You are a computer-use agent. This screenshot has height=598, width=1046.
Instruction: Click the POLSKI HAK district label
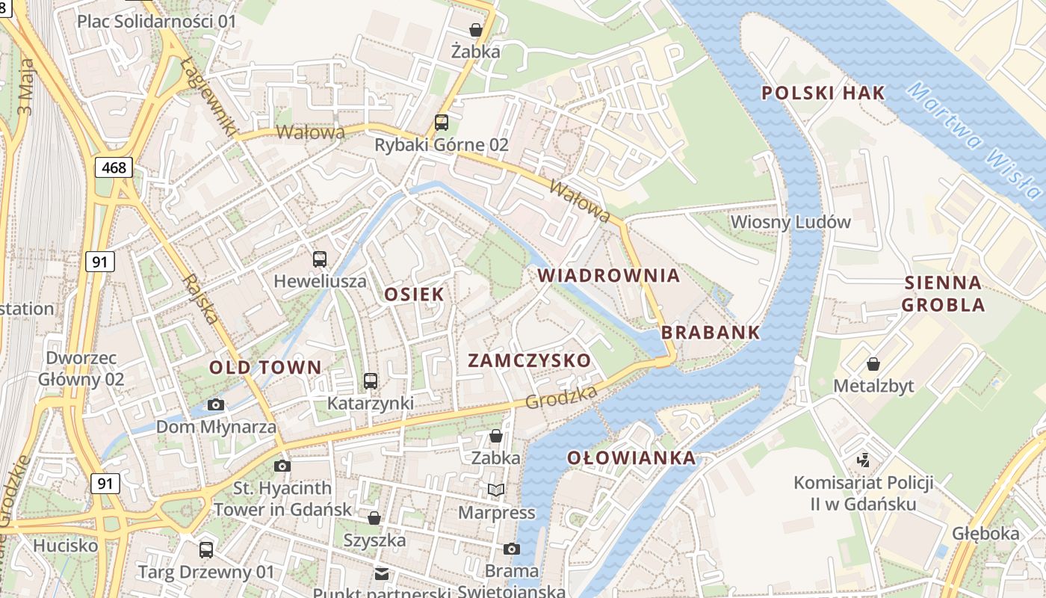click(x=823, y=93)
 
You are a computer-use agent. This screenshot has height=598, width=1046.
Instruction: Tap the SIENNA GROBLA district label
click(x=943, y=294)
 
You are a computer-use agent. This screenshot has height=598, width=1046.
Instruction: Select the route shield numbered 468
click(x=114, y=167)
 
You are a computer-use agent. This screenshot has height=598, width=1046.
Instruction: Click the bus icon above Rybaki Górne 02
click(x=442, y=123)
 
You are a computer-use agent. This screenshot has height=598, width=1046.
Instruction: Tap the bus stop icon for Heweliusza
click(x=320, y=259)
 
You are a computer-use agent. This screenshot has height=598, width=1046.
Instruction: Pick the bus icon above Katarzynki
click(x=370, y=381)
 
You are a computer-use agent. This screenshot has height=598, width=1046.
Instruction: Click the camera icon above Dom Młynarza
click(x=216, y=405)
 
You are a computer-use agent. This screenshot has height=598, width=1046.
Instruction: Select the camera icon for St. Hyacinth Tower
click(x=282, y=466)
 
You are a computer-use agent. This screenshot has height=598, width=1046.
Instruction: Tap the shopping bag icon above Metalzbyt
click(x=873, y=364)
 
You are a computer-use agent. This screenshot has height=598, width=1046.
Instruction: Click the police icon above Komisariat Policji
click(x=863, y=460)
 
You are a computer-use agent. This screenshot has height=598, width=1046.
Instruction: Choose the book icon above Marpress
click(x=495, y=490)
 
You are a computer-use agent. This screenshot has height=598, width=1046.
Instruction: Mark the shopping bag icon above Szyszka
click(x=374, y=518)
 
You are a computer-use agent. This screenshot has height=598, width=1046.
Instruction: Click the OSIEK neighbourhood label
click(x=414, y=295)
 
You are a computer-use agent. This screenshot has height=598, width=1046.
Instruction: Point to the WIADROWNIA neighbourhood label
click(x=609, y=276)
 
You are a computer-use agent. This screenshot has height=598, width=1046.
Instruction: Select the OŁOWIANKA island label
click(x=631, y=458)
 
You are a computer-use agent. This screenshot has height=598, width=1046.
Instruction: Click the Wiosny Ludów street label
click(x=790, y=222)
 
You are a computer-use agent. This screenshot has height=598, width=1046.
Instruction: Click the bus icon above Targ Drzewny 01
click(x=206, y=550)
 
